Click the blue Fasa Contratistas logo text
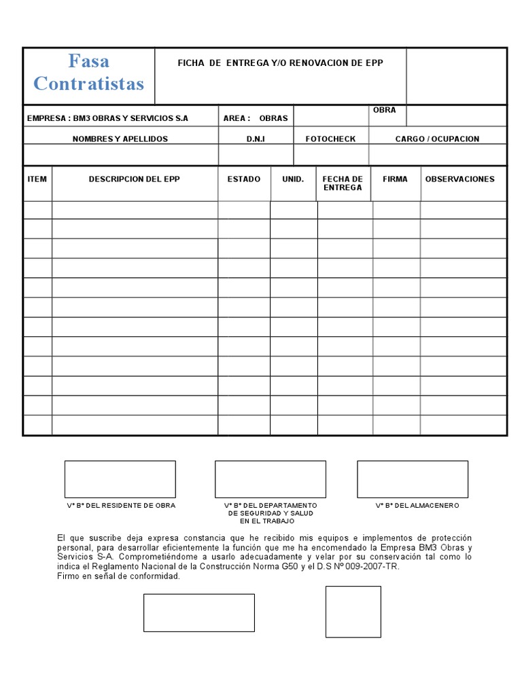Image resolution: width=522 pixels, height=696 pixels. (88, 73)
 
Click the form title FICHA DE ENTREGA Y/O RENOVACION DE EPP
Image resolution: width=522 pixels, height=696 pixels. (280, 63)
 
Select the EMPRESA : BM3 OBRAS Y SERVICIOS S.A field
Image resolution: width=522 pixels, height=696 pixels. (107, 118)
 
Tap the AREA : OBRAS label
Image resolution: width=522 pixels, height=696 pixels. (255, 118)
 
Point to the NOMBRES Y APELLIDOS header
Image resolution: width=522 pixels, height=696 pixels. (120, 139)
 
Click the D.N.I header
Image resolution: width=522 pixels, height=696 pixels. (256, 139)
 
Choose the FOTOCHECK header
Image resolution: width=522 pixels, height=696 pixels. (330, 139)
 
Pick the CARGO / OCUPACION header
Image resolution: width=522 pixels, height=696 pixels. (437, 139)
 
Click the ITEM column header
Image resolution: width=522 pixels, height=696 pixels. (37, 179)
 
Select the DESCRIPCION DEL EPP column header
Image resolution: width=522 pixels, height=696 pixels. (134, 179)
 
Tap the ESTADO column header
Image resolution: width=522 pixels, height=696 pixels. (243, 179)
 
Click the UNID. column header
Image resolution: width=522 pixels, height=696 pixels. (293, 179)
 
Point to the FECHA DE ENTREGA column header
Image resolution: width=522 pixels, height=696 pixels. (343, 184)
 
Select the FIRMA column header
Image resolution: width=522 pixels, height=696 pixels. (395, 179)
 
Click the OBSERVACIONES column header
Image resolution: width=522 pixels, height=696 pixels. (460, 179)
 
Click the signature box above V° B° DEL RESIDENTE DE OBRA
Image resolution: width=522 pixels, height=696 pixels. (120, 479)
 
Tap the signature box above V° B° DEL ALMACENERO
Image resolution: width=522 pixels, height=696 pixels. (413, 479)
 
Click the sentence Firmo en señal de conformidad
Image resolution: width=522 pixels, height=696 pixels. (119, 576)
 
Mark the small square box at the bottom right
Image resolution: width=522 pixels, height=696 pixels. (353, 612)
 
